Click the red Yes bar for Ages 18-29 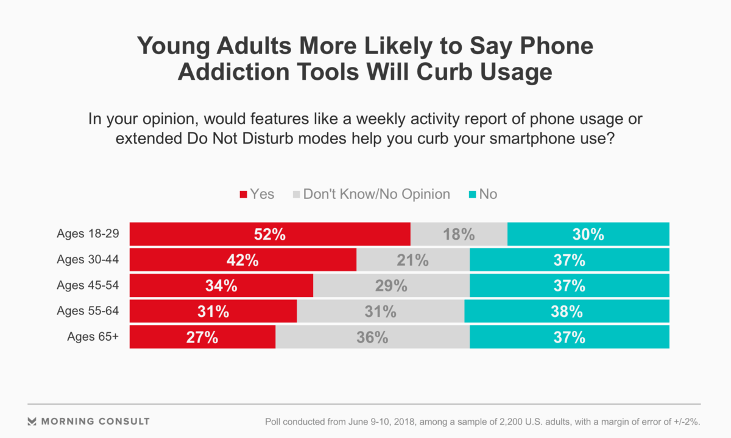click(270, 234)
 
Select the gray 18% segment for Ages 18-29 click(459, 234)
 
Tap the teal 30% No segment click(588, 234)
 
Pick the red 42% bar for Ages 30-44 click(243, 260)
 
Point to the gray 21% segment click(413, 260)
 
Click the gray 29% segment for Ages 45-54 click(391, 286)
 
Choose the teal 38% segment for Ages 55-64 click(567, 311)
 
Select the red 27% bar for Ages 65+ click(202, 337)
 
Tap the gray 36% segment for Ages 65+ click(372, 337)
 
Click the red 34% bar click(221, 286)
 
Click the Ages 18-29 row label click(87, 234)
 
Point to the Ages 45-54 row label click(87, 285)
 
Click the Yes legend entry click(257, 195)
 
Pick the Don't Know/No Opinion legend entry click(371, 195)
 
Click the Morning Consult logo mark click(32, 421)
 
